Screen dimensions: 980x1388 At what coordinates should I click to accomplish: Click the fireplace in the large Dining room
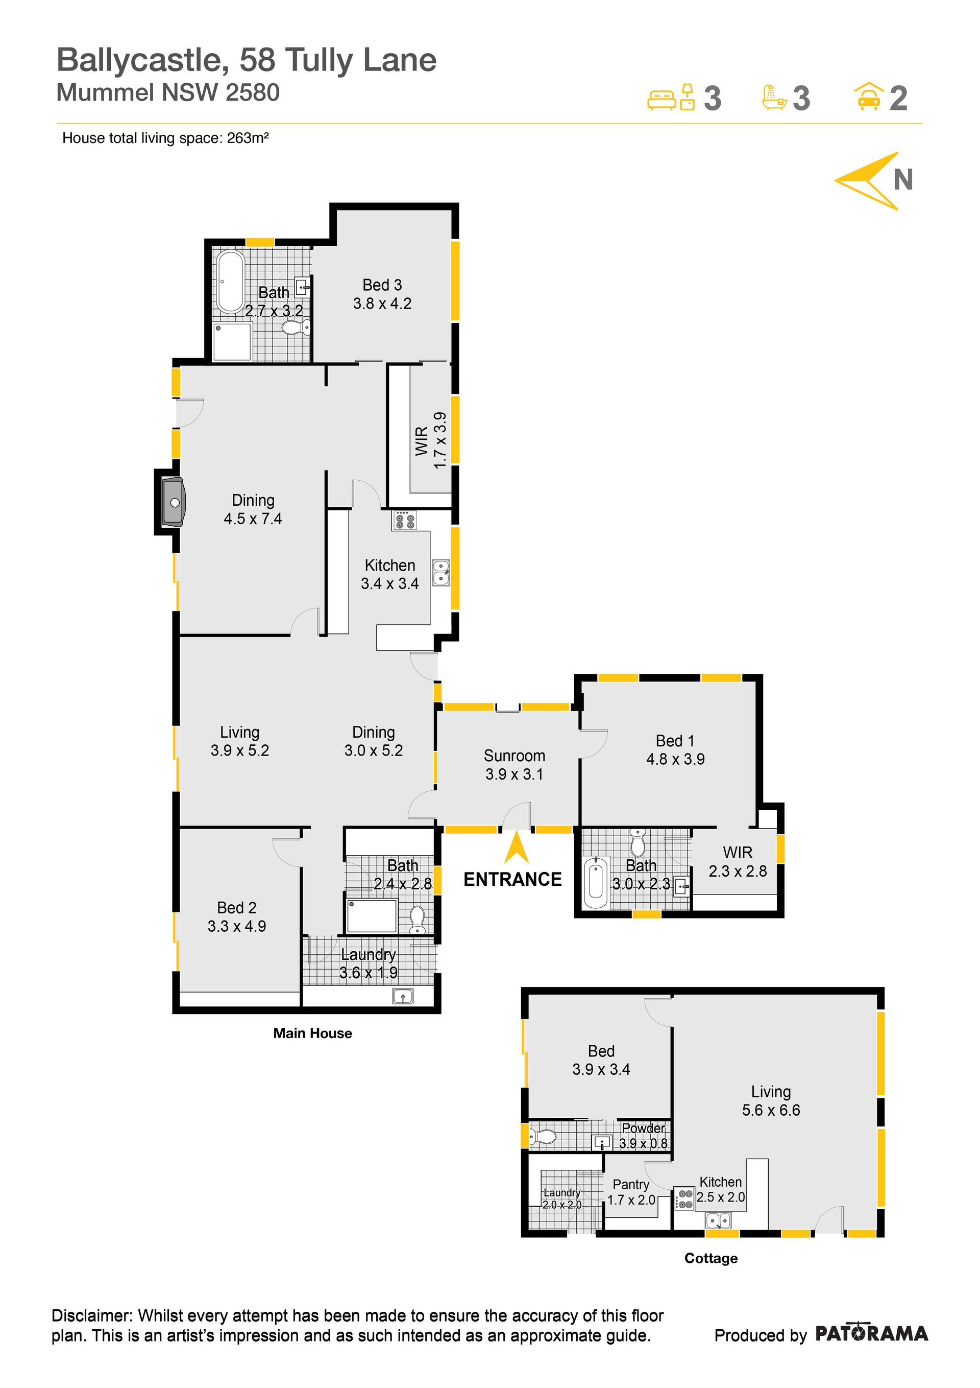174,502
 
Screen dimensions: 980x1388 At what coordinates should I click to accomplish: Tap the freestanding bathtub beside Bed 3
230,281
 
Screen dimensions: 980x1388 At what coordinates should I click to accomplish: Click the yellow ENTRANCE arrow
516,847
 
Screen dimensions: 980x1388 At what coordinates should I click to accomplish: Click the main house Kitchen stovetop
404,521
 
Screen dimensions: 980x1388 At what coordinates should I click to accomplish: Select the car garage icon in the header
868,96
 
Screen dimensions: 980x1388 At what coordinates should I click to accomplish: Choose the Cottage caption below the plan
710,1258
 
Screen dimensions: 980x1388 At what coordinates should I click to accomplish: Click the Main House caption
312,1033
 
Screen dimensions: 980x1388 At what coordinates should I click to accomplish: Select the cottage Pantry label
631,1184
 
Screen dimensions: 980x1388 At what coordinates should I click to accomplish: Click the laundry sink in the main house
402,995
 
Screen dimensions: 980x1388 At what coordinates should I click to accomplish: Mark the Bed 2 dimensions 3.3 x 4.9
237,926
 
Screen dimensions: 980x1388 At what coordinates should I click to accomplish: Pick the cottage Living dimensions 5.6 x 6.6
771,1110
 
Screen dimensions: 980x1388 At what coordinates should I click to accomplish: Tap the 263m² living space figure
248,138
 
